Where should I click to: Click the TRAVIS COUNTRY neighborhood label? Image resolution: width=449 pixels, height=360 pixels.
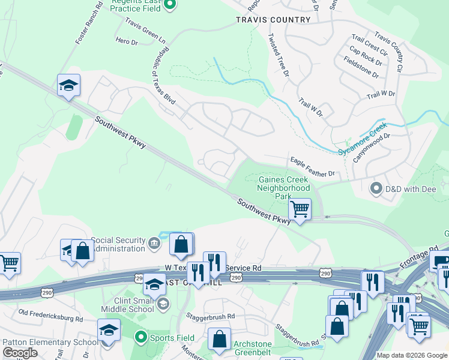click(273, 20)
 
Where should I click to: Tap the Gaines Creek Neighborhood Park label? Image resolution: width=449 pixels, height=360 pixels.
click(283, 188)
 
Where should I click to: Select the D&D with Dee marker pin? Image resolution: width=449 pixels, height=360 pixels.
click(376, 188)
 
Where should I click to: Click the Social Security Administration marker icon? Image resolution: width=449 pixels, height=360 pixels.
click(154, 244)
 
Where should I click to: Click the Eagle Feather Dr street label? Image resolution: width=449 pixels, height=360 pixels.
click(312, 167)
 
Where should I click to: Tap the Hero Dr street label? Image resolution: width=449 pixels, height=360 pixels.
click(127, 42)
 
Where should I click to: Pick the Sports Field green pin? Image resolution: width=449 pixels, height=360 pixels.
click(140, 337)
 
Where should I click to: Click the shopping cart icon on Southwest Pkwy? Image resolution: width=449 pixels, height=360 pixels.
click(300, 210)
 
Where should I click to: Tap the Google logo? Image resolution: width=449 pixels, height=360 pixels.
click(20, 353)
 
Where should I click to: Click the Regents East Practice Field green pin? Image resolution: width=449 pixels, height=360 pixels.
click(170, 5)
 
